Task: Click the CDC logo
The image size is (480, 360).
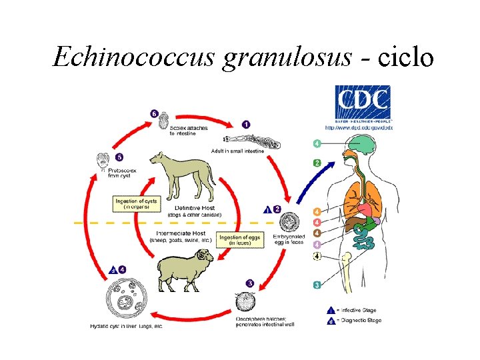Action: click(x=363, y=102)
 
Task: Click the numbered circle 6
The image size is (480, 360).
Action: click(x=154, y=114)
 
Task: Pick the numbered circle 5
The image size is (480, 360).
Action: click(x=119, y=157)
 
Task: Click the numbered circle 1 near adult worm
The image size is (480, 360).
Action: click(x=246, y=124)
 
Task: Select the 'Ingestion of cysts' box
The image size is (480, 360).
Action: click(x=137, y=203)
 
